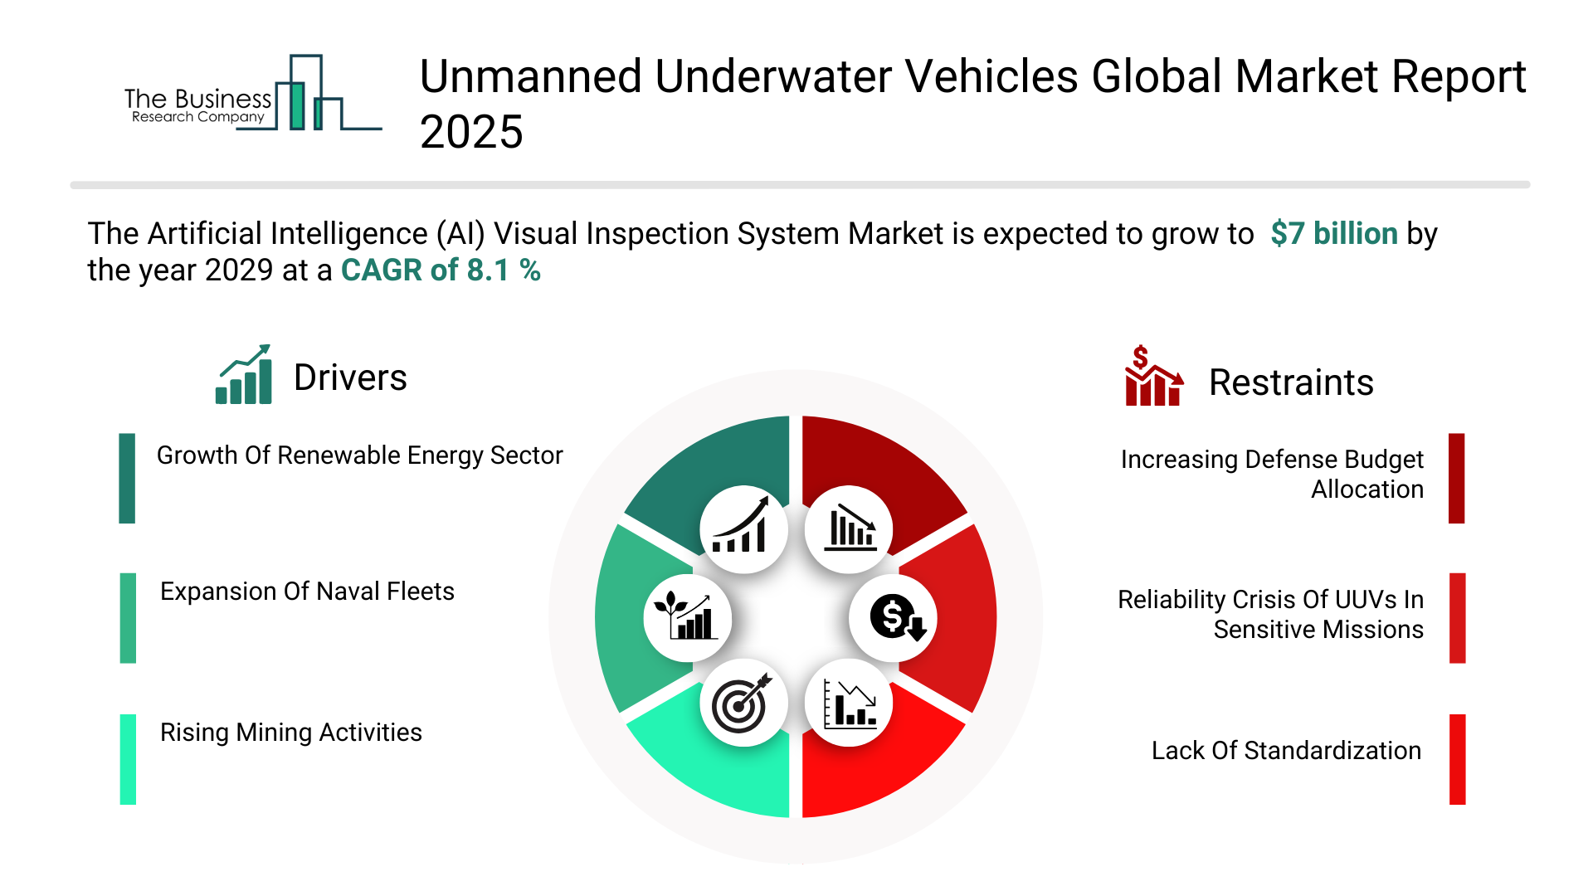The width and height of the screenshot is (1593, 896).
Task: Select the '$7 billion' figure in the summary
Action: (x=1333, y=234)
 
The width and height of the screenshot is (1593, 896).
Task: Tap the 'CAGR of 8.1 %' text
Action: (x=441, y=270)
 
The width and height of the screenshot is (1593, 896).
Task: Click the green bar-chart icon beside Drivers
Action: (x=244, y=375)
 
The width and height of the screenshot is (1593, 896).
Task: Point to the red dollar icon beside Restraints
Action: (x=1152, y=377)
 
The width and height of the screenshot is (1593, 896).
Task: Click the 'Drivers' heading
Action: (x=350, y=378)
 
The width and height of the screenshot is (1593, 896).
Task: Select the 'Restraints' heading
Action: (x=1290, y=382)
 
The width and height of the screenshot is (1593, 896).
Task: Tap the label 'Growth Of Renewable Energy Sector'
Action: (x=359, y=455)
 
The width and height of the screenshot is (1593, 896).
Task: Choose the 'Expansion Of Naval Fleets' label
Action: (x=307, y=592)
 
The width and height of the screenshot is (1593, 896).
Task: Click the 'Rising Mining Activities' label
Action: (x=290, y=733)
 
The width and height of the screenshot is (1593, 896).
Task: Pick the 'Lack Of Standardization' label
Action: (x=1285, y=751)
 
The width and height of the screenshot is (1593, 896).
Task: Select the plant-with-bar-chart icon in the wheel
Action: (x=686, y=617)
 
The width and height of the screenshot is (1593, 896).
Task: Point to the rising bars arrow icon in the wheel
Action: (x=743, y=528)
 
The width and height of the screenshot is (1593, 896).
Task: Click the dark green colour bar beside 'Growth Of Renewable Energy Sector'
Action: (x=127, y=478)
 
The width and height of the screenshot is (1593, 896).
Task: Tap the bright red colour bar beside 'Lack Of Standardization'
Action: (x=1457, y=759)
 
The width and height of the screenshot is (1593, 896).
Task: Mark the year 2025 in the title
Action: (x=471, y=132)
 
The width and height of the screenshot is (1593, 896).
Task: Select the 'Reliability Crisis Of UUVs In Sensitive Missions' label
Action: (x=1269, y=615)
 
